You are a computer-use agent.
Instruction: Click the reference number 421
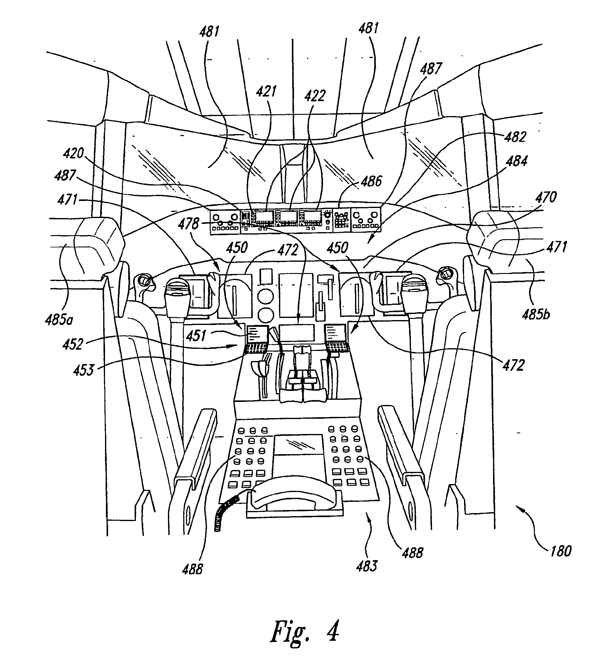(x=266, y=91)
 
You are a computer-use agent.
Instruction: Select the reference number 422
(x=315, y=96)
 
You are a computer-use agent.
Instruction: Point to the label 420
(x=74, y=153)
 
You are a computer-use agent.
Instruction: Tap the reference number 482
(x=515, y=137)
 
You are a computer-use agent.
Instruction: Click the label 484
(x=516, y=161)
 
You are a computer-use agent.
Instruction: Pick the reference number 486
(x=371, y=181)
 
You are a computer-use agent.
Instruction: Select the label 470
(x=546, y=197)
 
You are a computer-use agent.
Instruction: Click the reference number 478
(x=189, y=224)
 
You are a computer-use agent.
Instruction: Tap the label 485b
(x=535, y=315)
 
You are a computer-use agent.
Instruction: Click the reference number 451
(x=196, y=336)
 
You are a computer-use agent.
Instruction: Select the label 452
(x=73, y=345)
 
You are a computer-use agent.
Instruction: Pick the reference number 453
(x=84, y=370)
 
